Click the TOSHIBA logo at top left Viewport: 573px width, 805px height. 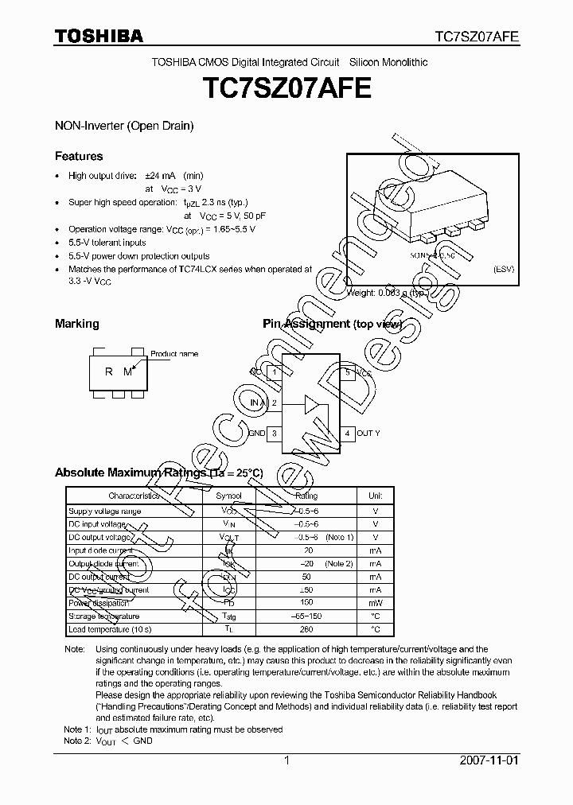[x=99, y=35]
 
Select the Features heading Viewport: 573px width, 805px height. [x=79, y=156]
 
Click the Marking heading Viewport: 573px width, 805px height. [x=76, y=324]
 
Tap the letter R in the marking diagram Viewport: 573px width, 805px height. [x=109, y=371]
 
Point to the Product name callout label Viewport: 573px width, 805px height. [x=174, y=354]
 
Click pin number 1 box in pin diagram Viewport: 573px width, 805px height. [x=275, y=372]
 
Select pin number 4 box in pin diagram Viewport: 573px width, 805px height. [x=348, y=434]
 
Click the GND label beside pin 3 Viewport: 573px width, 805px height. [x=256, y=434]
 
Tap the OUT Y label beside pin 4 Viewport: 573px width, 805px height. [x=368, y=434]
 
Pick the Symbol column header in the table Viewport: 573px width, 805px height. [x=229, y=496]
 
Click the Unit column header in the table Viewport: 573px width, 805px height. [x=376, y=496]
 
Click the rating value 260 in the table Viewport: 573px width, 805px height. [x=306, y=629]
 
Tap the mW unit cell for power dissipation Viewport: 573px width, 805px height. [x=376, y=603]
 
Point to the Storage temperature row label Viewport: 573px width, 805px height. [x=104, y=616]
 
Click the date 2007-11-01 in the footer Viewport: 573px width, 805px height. [x=489, y=760]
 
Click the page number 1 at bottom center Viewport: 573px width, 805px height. [x=286, y=760]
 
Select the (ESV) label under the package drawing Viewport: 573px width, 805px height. [x=504, y=269]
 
